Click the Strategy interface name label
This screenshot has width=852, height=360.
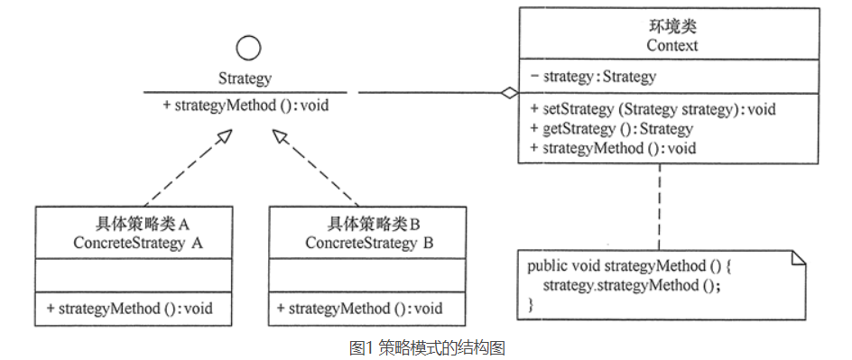click(x=245, y=78)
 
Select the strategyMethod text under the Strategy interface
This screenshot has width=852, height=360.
click(x=245, y=106)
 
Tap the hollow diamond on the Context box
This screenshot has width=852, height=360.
click(x=511, y=92)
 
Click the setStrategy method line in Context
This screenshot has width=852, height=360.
click(x=653, y=110)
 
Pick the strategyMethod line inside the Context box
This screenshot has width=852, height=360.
click(x=613, y=148)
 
